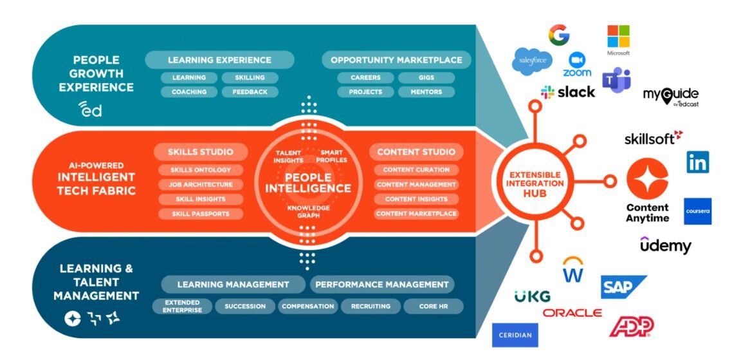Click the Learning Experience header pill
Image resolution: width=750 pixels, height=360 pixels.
click(x=219, y=60)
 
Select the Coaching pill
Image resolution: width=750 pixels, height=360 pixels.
click(x=188, y=92)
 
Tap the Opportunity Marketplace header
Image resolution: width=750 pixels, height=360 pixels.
click(x=396, y=60)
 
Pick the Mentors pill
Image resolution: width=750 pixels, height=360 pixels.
click(x=426, y=92)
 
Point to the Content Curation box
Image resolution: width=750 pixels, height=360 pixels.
click(x=416, y=170)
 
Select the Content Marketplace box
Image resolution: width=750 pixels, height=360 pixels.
click(x=416, y=214)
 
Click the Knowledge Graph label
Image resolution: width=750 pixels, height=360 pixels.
click(x=308, y=212)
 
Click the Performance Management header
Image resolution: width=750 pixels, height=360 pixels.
click(x=382, y=284)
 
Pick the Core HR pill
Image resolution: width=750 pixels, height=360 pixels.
click(x=434, y=307)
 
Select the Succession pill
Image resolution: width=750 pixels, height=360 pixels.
click(x=245, y=307)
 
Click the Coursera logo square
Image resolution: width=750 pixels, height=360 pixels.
click(x=697, y=211)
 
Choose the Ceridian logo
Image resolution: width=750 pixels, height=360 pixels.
click(x=515, y=335)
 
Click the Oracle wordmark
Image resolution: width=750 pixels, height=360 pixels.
click(x=572, y=313)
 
